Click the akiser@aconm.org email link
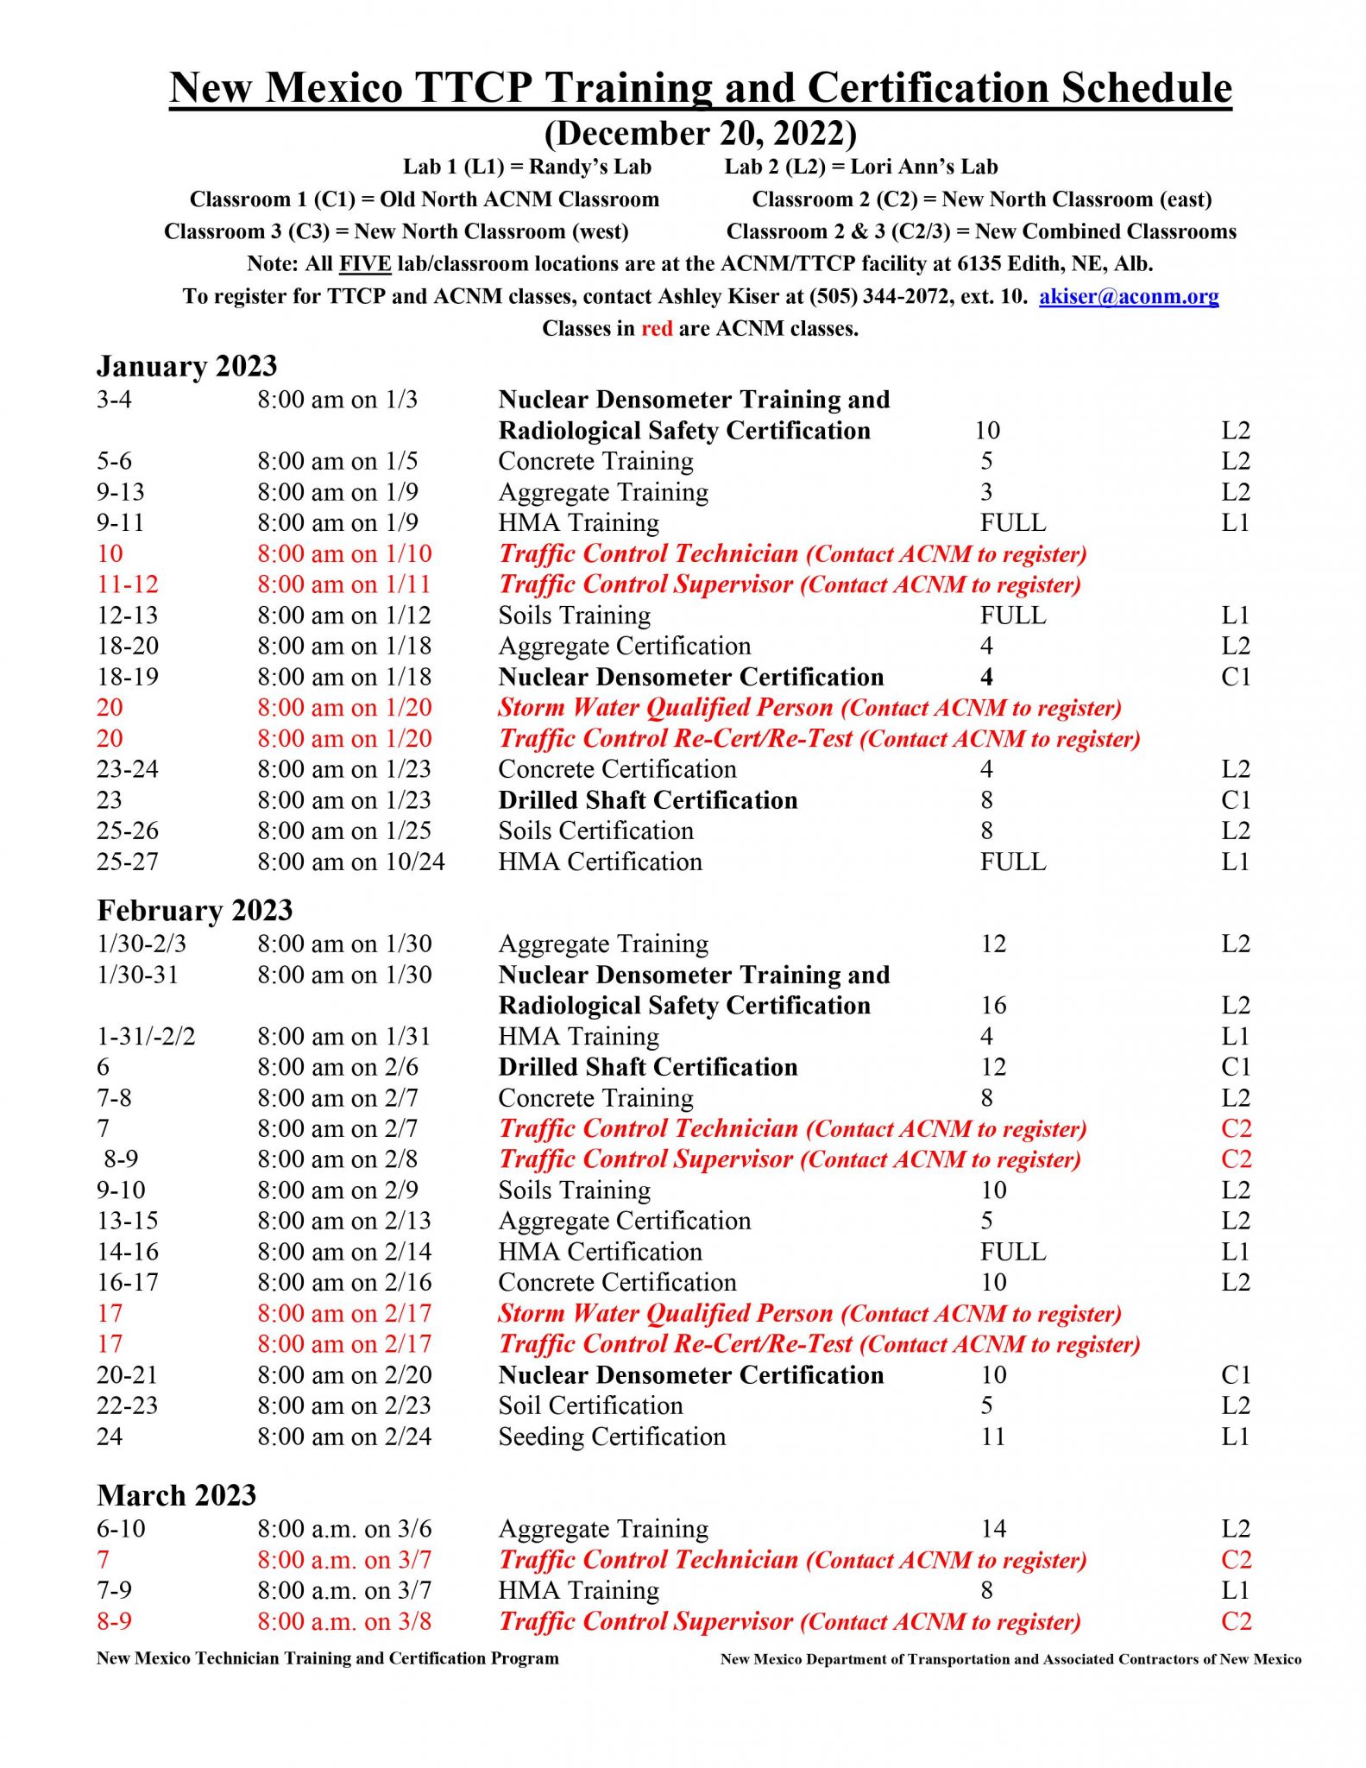coord(1128,297)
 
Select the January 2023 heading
coord(186,366)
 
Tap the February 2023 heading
coord(194,911)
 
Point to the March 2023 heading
coord(176,1495)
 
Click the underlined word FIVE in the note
coord(365,264)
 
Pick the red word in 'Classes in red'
coord(657,329)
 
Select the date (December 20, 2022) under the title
coord(700,134)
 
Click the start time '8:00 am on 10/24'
coord(350,862)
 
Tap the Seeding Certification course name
coord(612,1436)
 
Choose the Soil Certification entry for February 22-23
coord(590,1405)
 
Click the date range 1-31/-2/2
coord(146,1036)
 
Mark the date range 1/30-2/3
coord(141,944)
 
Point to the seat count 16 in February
coord(993,1006)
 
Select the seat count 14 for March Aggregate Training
coord(993,1529)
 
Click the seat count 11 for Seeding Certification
coord(993,1436)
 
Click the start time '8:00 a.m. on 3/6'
coord(344,1529)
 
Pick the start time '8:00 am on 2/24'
coord(344,1436)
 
